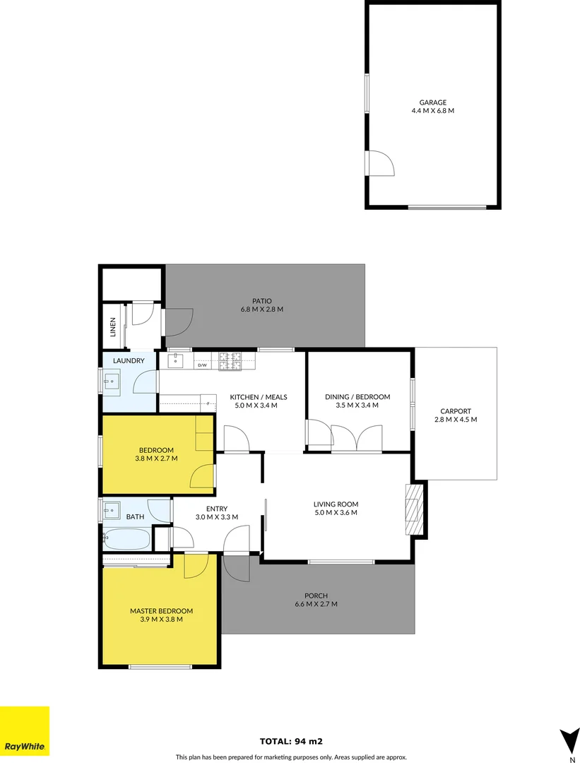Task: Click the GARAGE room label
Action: (x=432, y=102)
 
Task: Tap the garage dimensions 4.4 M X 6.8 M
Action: (x=432, y=111)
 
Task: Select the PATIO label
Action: (x=261, y=300)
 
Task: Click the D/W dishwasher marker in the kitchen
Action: (x=201, y=365)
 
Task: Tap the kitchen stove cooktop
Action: (x=230, y=361)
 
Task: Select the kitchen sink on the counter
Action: (x=175, y=361)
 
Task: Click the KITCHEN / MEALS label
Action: (x=259, y=397)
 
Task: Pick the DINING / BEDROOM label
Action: (x=357, y=397)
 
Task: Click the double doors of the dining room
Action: (x=357, y=438)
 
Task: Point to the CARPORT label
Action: (x=455, y=410)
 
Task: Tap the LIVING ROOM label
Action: (x=336, y=504)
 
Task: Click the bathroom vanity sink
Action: (x=112, y=509)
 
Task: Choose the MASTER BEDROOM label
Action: (x=161, y=611)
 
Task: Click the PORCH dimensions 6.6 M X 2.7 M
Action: (x=316, y=604)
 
